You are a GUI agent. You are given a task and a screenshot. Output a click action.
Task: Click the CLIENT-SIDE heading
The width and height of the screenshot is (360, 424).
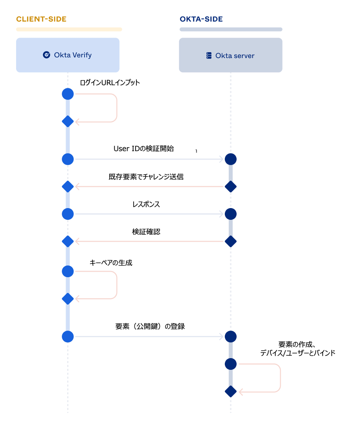click(41, 19)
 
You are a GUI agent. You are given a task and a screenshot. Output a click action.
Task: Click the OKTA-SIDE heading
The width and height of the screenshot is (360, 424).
click(201, 19)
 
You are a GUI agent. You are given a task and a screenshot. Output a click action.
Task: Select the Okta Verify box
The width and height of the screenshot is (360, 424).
click(68, 55)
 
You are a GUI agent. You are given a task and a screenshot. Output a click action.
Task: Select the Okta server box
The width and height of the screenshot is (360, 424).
click(231, 55)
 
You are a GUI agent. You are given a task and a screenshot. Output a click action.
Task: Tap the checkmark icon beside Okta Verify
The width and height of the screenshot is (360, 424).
click(46, 55)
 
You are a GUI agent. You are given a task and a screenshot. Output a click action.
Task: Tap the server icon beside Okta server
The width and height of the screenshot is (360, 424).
click(209, 56)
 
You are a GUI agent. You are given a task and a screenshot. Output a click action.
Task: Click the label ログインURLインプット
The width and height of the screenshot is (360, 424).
click(110, 83)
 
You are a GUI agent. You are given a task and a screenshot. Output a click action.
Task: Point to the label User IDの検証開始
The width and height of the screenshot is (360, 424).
click(143, 149)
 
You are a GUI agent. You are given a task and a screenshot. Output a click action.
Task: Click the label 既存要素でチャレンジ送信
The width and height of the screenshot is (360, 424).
click(146, 177)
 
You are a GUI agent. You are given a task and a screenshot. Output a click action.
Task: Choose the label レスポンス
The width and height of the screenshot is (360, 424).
click(146, 204)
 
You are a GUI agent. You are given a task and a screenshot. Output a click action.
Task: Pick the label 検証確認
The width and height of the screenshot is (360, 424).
click(146, 232)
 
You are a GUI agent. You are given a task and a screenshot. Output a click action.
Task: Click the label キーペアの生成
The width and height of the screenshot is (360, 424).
click(111, 263)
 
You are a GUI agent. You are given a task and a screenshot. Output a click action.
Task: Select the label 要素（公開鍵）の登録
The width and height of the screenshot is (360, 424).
click(150, 326)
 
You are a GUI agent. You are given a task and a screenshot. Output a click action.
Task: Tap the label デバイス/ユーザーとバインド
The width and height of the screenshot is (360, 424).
click(298, 353)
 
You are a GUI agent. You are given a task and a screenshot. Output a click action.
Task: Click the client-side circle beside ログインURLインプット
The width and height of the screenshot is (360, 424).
click(68, 94)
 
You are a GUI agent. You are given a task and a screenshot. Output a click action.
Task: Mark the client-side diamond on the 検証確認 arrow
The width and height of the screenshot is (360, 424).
click(68, 241)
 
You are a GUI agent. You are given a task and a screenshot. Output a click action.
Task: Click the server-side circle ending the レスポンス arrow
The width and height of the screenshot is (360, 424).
click(230, 214)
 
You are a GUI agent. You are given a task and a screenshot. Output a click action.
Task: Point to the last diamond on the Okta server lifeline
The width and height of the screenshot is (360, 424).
click(230, 391)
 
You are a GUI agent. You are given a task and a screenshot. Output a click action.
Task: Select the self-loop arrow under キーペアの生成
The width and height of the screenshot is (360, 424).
click(116, 285)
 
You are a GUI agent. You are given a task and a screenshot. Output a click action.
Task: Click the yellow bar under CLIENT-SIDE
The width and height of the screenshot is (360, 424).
click(69, 29)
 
